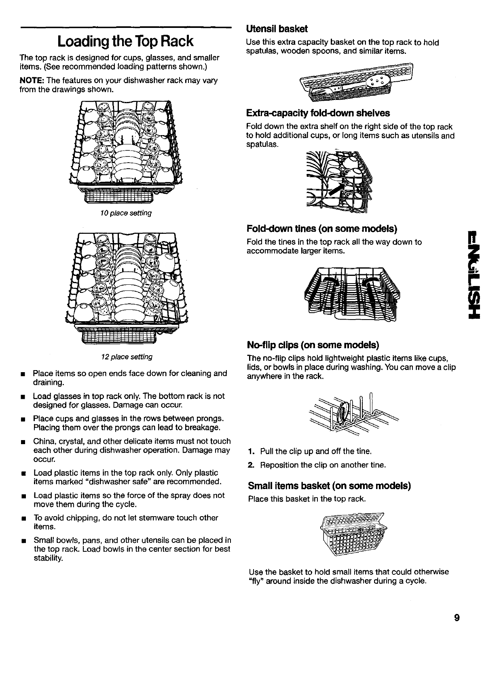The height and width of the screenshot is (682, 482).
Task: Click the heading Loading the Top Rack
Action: pos(125,41)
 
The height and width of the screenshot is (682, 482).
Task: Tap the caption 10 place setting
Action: pos(126,213)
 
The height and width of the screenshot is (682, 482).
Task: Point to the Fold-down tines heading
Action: pos(322,229)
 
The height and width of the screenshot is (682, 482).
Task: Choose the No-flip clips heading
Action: pos(313,345)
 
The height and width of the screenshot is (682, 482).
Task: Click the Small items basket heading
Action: pos(329,486)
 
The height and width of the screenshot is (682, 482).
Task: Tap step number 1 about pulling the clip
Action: pos(251,451)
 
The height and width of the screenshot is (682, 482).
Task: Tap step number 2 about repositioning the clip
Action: pos(251,465)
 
